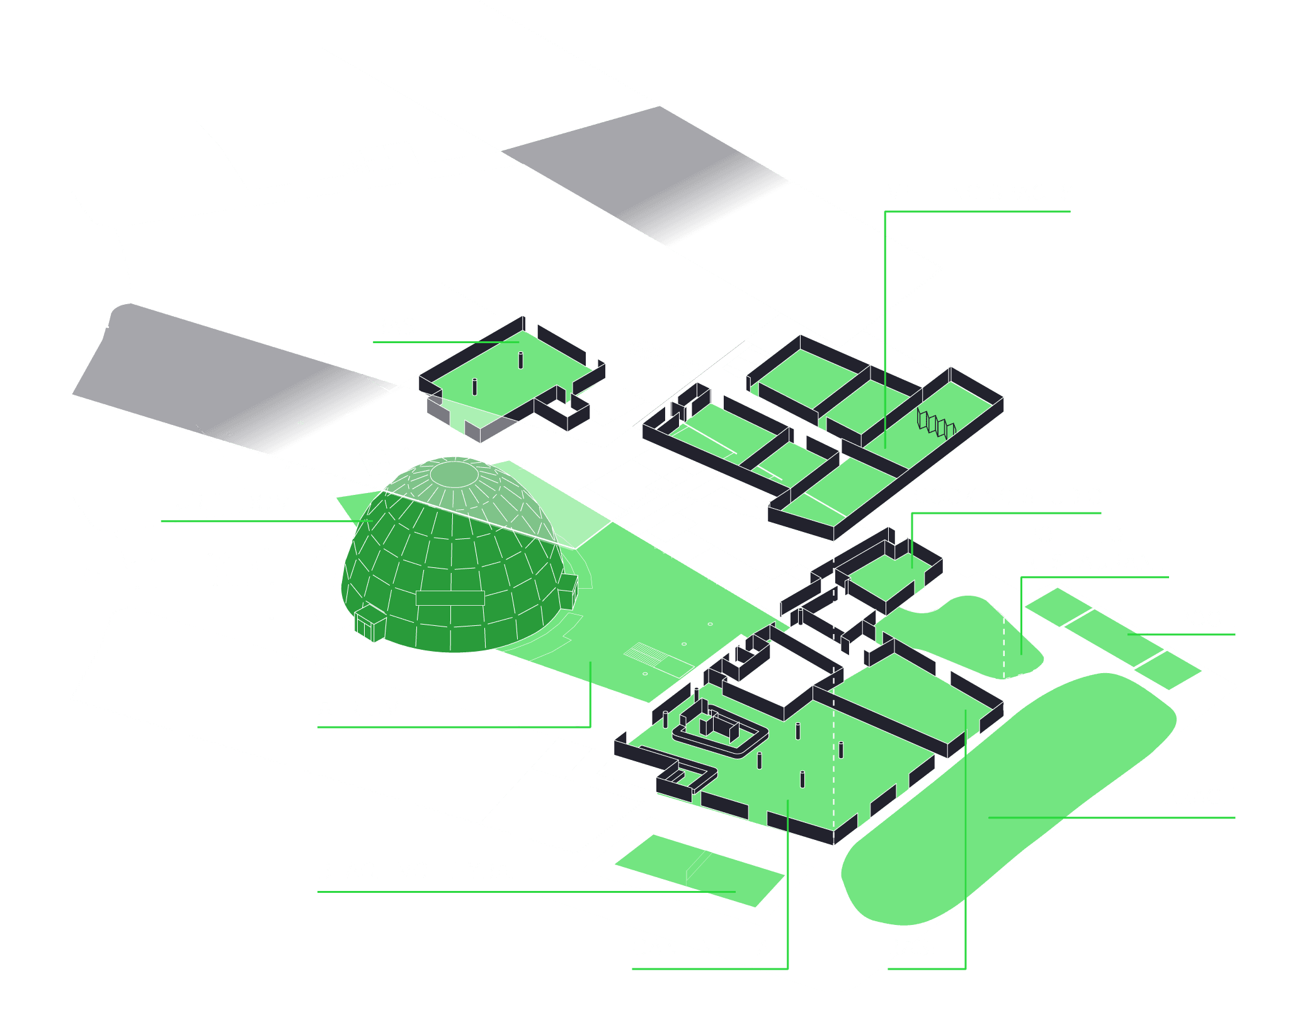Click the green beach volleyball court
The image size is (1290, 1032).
pyautogui.click(x=699, y=870)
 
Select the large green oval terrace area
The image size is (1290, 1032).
pyautogui.click(x=1008, y=793)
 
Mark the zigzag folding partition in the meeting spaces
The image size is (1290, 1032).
pyautogui.click(x=935, y=424)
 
